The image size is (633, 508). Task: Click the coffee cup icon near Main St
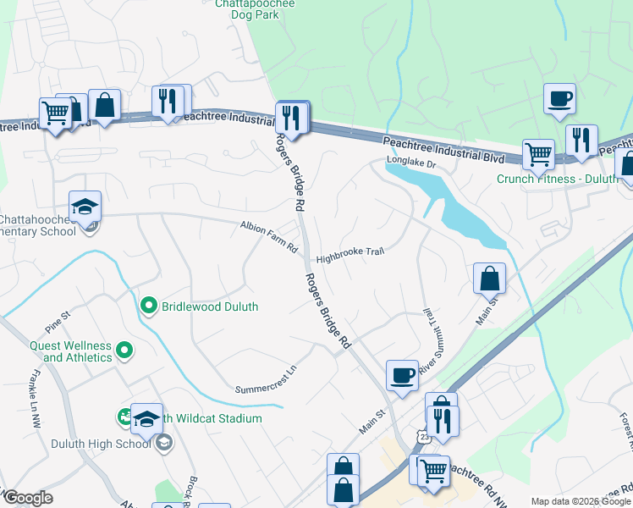(x=402, y=373)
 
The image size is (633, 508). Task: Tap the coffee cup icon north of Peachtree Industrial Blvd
(x=559, y=98)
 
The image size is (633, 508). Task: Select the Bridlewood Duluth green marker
(x=149, y=306)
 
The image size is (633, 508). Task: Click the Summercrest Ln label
(x=267, y=380)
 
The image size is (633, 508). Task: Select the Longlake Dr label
(x=410, y=160)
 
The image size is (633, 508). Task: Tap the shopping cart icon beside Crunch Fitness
(x=537, y=154)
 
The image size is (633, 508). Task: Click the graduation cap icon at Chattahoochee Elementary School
(x=85, y=206)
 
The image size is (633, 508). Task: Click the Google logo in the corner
(x=27, y=498)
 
